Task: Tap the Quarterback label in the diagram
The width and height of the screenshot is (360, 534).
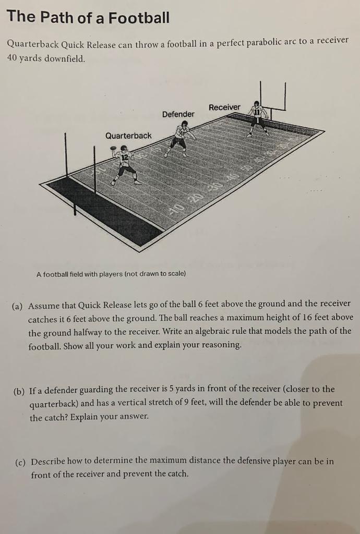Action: (x=128, y=136)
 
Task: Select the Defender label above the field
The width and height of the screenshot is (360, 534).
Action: (x=178, y=114)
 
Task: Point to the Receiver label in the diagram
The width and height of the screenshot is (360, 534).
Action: (x=224, y=107)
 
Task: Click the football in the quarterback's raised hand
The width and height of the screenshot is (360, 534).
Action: (x=113, y=149)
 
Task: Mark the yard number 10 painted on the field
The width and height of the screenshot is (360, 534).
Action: (x=177, y=210)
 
